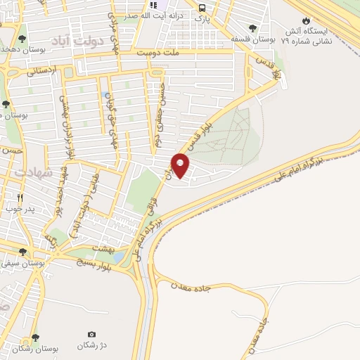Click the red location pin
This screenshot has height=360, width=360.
pos(181,166)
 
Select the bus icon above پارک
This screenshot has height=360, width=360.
pos(202,8)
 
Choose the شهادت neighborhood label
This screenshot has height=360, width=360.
pos(33,172)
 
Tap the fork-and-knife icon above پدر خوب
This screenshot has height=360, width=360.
pos(20,198)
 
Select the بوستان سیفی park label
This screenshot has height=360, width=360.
pos(23,262)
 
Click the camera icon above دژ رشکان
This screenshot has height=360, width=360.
pos(91,333)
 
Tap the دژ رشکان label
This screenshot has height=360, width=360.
pos(91,345)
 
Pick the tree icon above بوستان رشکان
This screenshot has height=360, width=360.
pos(35,338)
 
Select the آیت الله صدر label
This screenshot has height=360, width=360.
pos(167,14)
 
